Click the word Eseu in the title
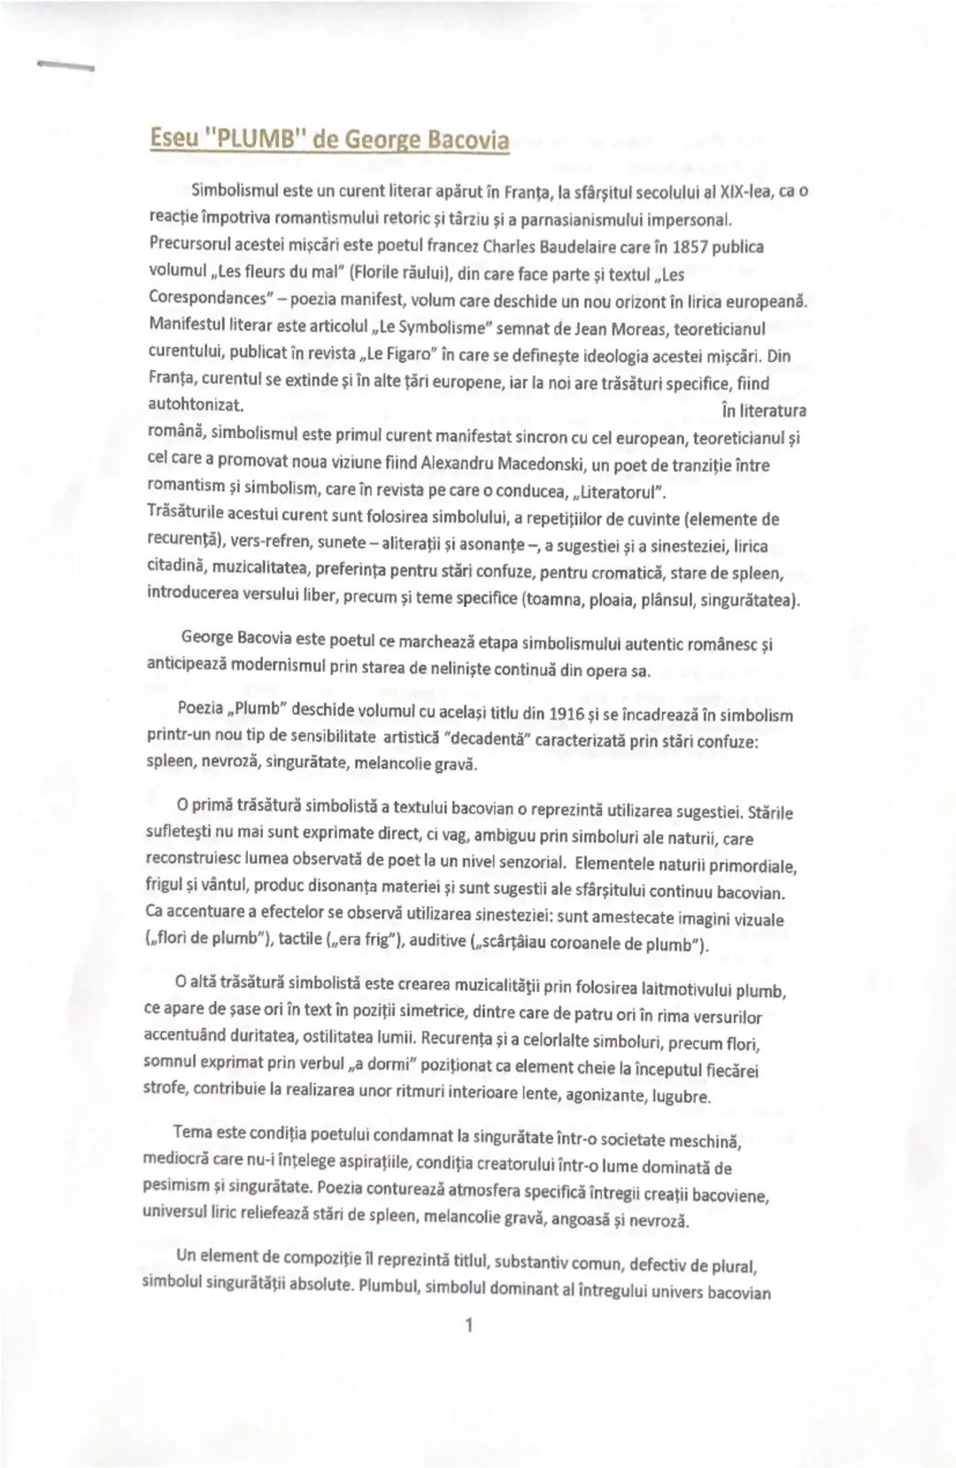pyautogui.click(x=173, y=139)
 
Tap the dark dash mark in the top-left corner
pyautogui.click(x=65, y=65)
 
